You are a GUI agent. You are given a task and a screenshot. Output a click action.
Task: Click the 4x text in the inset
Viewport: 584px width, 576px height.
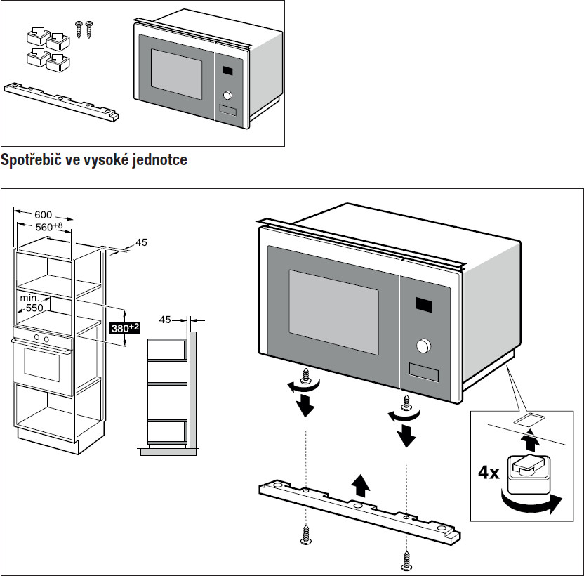(489, 472)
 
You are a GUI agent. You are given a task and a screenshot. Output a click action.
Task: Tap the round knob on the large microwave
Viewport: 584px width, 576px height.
(423, 346)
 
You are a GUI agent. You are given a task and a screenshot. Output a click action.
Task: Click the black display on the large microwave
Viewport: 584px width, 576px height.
(426, 305)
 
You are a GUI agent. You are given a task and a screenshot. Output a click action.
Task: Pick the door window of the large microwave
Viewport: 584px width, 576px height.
(333, 309)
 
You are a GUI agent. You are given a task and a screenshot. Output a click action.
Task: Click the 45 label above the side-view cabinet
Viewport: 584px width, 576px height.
(165, 320)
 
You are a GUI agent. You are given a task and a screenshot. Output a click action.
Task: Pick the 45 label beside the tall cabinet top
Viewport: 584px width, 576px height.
(140, 242)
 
